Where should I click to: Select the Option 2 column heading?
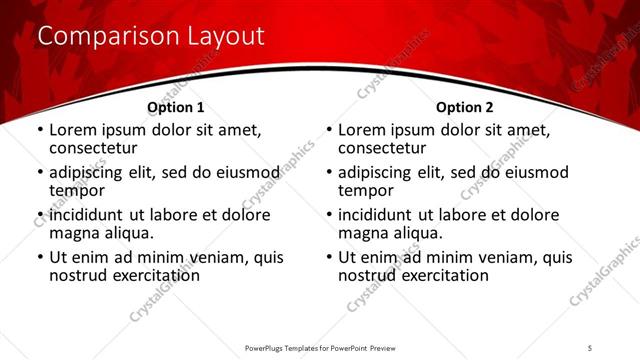click(x=464, y=107)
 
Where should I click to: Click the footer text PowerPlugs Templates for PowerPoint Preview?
click(x=319, y=347)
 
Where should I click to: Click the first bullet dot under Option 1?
click(x=39, y=130)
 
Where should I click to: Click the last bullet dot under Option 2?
click(x=328, y=258)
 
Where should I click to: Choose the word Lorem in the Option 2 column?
click(x=362, y=130)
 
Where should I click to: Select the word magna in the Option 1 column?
click(x=73, y=233)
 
